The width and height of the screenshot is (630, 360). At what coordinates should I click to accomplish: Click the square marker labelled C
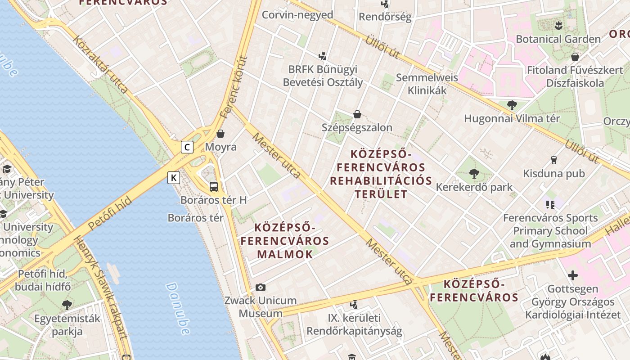187,147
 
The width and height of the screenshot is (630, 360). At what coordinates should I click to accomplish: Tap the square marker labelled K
174,178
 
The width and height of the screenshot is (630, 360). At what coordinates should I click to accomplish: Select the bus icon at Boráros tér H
214,186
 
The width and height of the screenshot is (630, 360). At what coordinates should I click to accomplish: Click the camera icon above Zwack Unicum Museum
261,287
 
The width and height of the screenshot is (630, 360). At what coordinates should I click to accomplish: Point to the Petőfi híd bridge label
110,213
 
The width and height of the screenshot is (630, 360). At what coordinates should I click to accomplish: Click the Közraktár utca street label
100,66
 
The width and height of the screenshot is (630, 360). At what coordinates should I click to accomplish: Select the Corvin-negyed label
297,15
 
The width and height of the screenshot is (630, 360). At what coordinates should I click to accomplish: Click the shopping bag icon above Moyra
220,134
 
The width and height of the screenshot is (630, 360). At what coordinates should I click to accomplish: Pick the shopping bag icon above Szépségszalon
357,114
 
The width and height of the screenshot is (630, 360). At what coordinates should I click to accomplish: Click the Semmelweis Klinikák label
427,84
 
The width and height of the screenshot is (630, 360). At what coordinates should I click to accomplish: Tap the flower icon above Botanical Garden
558,25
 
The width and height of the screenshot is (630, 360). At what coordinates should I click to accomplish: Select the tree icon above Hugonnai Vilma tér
512,105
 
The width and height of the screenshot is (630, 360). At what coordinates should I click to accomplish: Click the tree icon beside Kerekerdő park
474,174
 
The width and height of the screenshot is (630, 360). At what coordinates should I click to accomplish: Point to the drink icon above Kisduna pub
554,160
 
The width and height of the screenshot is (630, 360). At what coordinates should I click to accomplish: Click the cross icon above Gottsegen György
573,275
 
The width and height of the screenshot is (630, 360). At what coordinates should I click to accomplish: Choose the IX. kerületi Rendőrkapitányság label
354,324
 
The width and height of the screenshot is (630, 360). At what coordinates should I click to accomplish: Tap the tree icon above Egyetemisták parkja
67,305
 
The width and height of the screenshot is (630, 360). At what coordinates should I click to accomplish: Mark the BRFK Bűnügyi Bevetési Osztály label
323,76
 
